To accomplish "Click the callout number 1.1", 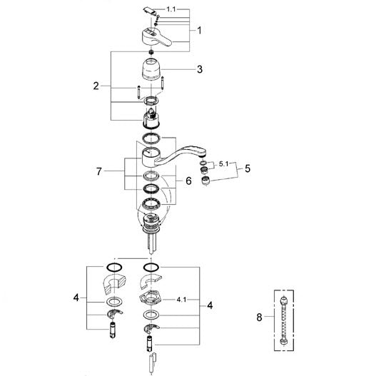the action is click(171, 9).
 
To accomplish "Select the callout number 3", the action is click(200, 69).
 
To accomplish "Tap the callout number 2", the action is click(96, 86).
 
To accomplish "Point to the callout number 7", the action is click(99, 171).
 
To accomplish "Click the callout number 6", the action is click(189, 181).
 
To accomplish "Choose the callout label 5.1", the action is click(224, 164).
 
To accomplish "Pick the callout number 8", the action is click(259, 317).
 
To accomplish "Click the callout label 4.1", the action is click(181, 300).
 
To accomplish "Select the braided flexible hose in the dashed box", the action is click(284, 321).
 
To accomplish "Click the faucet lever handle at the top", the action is click(156, 37).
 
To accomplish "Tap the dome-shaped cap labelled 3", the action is click(151, 69).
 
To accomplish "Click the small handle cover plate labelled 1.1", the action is click(149, 11).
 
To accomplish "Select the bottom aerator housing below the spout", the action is click(205, 181).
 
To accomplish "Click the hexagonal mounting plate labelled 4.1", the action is click(151, 298).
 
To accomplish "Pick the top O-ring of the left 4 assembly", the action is click(114, 268).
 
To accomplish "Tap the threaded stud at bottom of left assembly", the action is click(113, 330).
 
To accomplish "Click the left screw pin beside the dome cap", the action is click(139, 92).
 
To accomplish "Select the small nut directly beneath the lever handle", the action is click(151, 52).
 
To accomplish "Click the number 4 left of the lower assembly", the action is click(76, 298).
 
